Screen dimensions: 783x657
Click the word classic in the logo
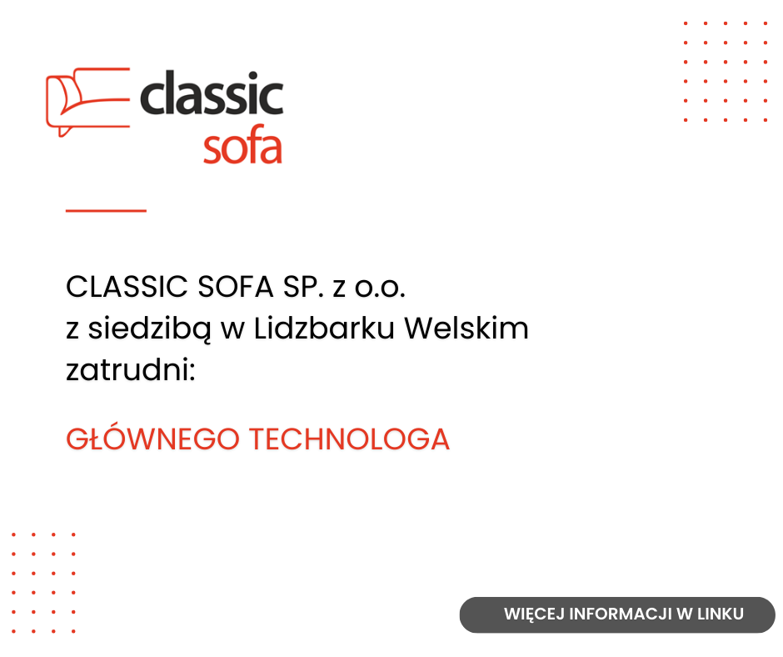pos(212,93)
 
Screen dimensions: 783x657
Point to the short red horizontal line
pos(106,210)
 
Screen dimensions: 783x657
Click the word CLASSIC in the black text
pos(127,287)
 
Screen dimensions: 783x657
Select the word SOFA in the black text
pos(235,287)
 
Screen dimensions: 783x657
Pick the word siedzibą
pos(149,329)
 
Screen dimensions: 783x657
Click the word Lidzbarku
pos(324,328)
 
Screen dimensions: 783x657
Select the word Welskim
pos(466,328)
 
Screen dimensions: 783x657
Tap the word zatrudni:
pos(130,370)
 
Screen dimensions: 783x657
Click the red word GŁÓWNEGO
pos(152,439)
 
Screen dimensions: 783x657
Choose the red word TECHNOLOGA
pos(350,439)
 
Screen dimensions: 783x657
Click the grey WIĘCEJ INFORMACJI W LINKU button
pos(617,614)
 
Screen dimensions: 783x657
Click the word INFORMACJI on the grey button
pos(621,614)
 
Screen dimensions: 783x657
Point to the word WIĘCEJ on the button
pos(534,614)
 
